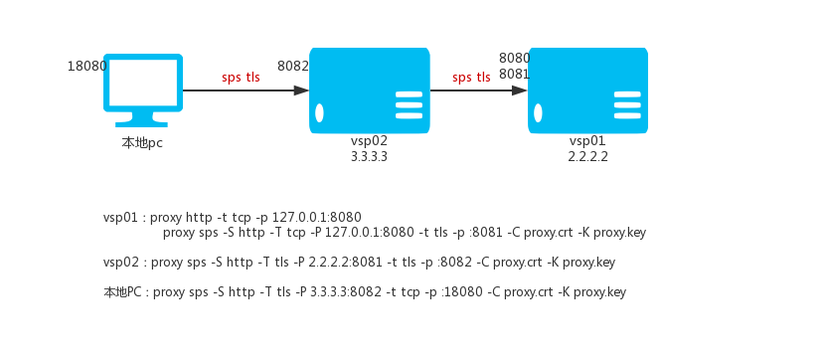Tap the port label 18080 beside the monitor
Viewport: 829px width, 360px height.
(87, 66)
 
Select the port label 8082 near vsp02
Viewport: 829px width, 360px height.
(293, 66)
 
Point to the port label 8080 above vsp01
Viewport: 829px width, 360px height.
(515, 58)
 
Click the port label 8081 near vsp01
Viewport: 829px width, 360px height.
(515, 75)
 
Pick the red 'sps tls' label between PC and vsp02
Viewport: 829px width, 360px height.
(242, 78)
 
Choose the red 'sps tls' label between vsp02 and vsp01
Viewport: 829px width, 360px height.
(471, 78)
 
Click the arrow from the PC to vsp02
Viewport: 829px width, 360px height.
(246, 90)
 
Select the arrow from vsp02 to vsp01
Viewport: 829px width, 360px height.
(478, 90)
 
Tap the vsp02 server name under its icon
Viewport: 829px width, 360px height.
(369, 141)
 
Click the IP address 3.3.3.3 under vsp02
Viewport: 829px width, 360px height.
(369, 157)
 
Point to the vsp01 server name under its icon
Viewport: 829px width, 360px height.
(587, 141)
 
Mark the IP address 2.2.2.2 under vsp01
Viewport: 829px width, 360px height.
(587, 157)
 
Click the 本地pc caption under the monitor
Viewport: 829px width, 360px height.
(142, 143)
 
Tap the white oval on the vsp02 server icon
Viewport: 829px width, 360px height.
(319, 113)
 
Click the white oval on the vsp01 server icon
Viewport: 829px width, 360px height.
(538, 113)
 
